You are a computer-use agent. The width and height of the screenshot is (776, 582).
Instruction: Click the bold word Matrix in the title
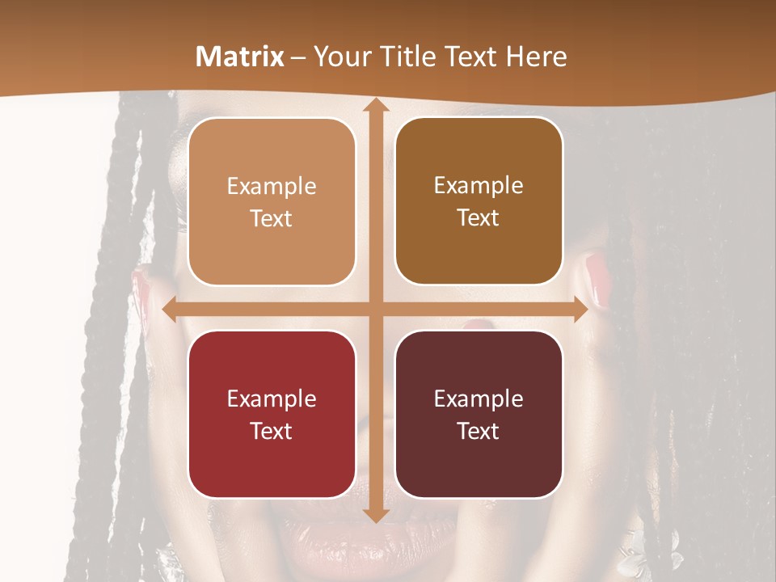click(240, 57)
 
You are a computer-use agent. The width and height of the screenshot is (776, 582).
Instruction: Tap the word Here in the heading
click(536, 57)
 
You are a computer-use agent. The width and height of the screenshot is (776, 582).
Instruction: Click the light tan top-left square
click(272, 201)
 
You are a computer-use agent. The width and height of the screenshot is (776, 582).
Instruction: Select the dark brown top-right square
click(479, 201)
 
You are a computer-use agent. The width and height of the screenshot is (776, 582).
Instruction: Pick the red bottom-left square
click(272, 414)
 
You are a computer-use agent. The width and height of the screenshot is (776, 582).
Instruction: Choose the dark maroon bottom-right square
click(479, 414)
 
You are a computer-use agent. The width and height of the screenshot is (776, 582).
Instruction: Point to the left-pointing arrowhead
click(170, 310)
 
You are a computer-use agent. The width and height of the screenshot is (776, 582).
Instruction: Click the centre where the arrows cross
click(375, 310)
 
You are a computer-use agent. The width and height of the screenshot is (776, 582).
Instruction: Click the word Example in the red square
click(272, 399)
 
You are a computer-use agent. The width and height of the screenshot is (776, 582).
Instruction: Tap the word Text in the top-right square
click(479, 218)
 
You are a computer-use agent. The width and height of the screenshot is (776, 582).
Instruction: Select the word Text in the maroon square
click(479, 431)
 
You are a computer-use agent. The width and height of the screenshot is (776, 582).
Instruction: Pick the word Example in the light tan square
click(272, 186)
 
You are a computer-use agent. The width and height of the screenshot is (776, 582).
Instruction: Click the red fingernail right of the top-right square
click(598, 279)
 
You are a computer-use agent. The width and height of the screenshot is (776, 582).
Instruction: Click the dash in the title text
click(298, 57)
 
